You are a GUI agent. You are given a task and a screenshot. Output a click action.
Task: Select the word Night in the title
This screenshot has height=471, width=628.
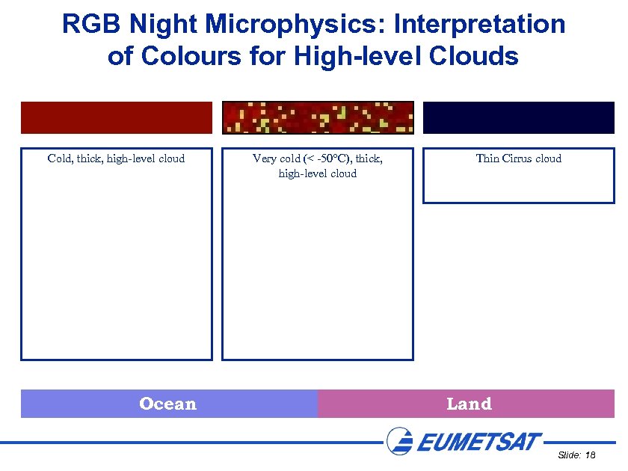pyautogui.click(x=164, y=24)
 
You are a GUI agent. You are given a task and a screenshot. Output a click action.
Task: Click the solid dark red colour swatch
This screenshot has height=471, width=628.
pyautogui.click(x=117, y=117)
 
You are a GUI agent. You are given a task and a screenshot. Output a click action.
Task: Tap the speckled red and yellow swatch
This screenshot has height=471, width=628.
pyautogui.click(x=318, y=117)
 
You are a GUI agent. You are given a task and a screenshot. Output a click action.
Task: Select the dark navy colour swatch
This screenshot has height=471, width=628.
pyautogui.click(x=519, y=117)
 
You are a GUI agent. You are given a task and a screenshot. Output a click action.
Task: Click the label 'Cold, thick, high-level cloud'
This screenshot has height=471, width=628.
pyautogui.click(x=116, y=158)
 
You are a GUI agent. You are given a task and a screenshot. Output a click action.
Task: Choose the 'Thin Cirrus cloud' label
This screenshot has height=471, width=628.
pyautogui.click(x=519, y=158)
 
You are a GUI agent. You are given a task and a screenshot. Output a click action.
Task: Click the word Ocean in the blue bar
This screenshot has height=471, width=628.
pyautogui.click(x=167, y=404)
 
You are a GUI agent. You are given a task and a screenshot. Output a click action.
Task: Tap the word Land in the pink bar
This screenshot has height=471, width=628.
pyautogui.click(x=469, y=404)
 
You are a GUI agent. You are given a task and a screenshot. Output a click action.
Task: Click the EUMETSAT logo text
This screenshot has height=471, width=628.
pyautogui.click(x=478, y=441)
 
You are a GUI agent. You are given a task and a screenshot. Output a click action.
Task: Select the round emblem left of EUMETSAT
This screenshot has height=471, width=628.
pyautogui.click(x=400, y=440)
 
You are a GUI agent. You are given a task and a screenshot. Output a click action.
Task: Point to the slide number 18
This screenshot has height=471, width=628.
pyautogui.click(x=590, y=455)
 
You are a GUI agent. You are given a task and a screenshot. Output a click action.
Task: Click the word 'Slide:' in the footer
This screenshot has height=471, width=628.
pyautogui.click(x=569, y=455)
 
